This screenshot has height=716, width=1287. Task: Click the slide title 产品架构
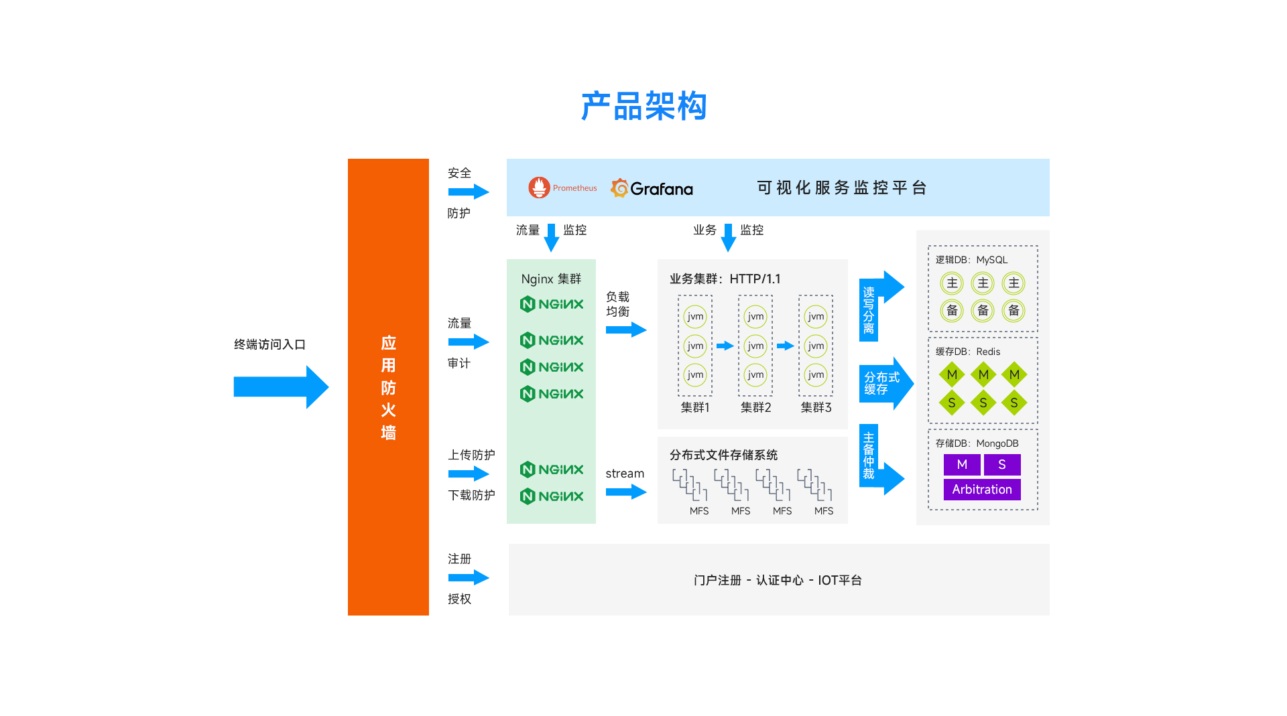click(x=643, y=106)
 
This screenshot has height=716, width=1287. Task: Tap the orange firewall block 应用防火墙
click(x=388, y=386)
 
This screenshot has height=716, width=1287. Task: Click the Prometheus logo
click(x=539, y=188)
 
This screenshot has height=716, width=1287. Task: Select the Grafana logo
click(x=652, y=188)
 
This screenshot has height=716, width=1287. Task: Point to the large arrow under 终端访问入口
click(x=281, y=386)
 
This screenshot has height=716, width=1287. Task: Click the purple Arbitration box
click(x=982, y=490)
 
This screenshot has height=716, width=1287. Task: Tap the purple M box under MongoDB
click(x=962, y=464)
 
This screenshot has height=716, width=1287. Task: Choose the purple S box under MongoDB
click(x=1002, y=464)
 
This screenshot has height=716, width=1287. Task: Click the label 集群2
click(x=755, y=407)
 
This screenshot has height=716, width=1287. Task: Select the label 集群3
click(x=816, y=407)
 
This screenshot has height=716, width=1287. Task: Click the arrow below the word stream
click(x=625, y=492)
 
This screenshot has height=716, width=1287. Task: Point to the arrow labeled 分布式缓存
click(x=885, y=383)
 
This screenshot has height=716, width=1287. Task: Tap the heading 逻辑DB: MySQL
click(x=971, y=260)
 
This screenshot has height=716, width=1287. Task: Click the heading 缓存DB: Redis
click(x=968, y=352)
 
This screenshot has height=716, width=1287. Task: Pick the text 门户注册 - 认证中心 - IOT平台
click(x=778, y=580)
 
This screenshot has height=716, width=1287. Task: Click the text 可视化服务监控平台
click(x=842, y=188)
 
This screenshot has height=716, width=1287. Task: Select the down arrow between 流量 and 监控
click(x=552, y=237)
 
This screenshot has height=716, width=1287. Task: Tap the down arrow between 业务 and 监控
click(x=728, y=237)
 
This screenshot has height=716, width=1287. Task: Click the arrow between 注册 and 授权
click(x=469, y=577)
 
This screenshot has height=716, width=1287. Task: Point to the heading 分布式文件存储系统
click(x=723, y=455)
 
